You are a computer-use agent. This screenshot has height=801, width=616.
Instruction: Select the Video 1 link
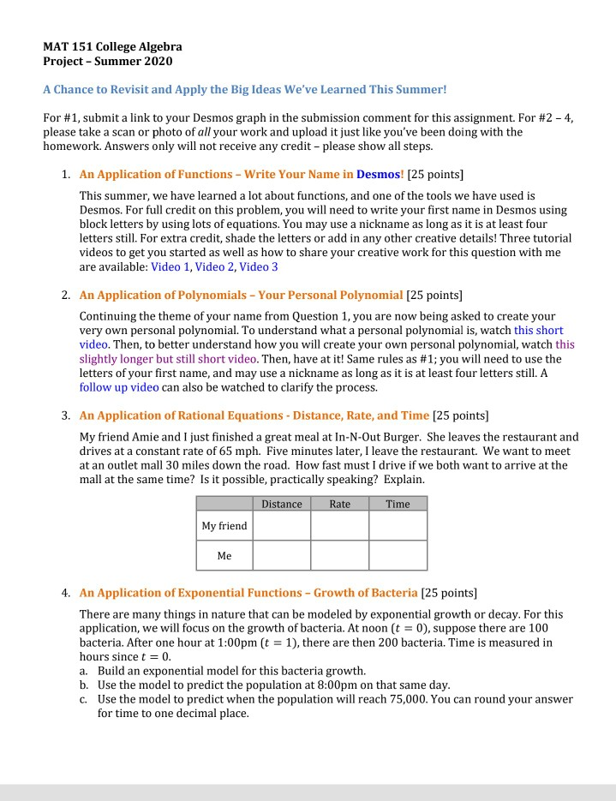coord(170,266)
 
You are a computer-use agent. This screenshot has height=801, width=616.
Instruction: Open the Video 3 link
coord(259,266)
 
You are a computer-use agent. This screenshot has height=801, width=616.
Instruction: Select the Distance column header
coord(281,504)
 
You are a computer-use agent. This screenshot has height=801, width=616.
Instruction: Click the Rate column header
coord(339,504)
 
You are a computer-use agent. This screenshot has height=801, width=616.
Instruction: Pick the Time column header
coord(398,504)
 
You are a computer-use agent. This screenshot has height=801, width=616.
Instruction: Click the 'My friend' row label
coord(224,526)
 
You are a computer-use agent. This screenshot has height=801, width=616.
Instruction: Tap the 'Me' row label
coord(224,555)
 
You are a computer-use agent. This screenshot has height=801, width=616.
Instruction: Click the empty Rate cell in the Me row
coord(339,555)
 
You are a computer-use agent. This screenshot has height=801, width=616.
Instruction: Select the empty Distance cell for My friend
coord(281,526)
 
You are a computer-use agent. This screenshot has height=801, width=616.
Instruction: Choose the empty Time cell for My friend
coord(398,526)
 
